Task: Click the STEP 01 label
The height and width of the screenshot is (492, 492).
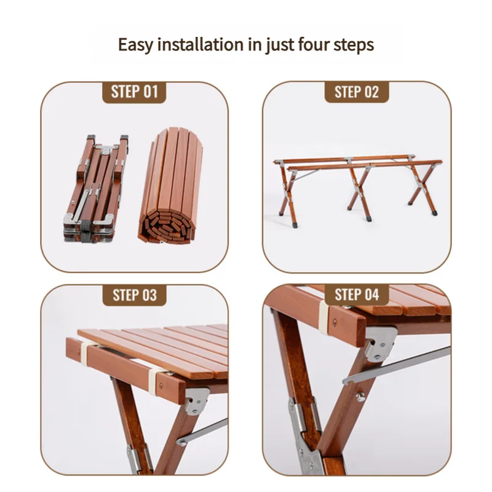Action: click(x=135, y=92)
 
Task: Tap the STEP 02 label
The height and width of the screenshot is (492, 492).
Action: click(x=357, y=92)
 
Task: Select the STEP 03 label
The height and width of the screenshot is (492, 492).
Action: click(x=135, y=295)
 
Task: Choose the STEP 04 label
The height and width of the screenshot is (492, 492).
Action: click(x=357, y=295)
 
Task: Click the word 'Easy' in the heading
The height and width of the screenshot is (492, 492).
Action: click(x=136, y=45)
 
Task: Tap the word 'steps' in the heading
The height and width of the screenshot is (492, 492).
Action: click(x=356, y=45)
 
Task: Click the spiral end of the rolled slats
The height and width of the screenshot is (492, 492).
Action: click(x=165, y=225)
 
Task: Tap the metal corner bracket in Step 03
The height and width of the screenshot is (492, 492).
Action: click(x=196, y=400)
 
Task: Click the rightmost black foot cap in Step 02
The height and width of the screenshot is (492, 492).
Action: click(x=435, y=211)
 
